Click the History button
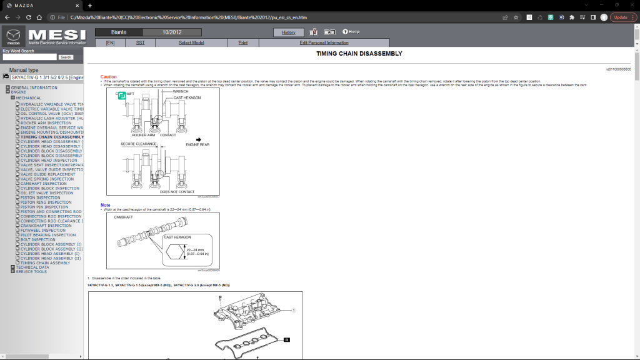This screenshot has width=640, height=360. tap(289, 32)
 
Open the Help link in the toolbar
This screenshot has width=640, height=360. tap(351, 32)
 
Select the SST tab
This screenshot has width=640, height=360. tap(140, 42)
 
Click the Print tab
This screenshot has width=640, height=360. tap(243, 42)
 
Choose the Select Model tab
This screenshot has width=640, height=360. tap(191, 42)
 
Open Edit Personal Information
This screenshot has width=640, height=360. tap(324, 42)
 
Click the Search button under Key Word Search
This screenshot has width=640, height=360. tap(66, 57)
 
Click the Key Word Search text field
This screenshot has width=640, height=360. tap(29, 57)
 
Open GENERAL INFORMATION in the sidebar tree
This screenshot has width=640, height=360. tap(34, 87)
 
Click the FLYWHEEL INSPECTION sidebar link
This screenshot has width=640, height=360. tap(42, 230)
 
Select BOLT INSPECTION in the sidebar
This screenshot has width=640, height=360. tap(38, 239)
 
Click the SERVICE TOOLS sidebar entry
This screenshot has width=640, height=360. tap(31, 272)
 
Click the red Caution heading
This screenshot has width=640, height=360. tap(109, 76)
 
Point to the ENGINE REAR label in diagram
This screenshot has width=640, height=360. tap(197, 144)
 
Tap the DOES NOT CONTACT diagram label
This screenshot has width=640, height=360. tap(177, 192)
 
